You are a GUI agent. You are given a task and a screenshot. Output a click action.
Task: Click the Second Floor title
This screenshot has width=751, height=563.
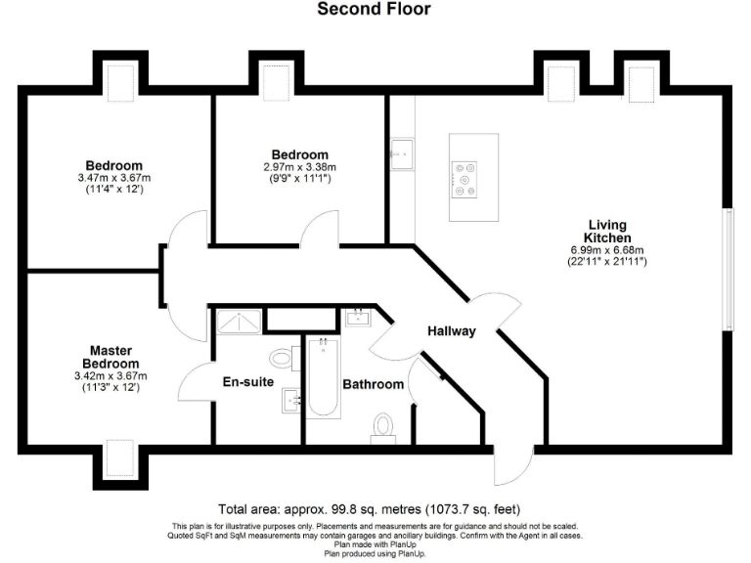(375, 10)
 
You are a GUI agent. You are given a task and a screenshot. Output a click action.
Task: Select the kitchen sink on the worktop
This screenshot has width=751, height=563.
(401, 152)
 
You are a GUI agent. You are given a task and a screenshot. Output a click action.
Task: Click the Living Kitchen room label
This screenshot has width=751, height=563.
(607, 231)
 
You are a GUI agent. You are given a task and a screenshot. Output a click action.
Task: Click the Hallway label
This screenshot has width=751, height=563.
(451, 331)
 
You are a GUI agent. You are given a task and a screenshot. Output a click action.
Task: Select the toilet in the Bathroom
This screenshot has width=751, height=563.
(382, 426)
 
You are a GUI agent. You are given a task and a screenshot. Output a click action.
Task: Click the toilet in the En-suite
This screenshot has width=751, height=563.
(283, 356)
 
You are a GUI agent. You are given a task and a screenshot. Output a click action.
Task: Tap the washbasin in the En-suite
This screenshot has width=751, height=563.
(292, 401)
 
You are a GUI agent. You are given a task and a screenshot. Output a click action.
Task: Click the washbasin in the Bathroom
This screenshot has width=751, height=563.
(357, 317)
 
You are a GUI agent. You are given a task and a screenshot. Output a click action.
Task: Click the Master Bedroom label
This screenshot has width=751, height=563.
(110, 357)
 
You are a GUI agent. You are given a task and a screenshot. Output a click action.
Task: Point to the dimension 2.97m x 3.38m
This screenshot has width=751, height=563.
(299, 167)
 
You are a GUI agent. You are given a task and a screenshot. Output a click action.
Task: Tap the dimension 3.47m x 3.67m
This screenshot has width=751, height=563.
(113, 178)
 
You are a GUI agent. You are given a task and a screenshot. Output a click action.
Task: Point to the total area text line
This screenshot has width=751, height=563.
(369, 509)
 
